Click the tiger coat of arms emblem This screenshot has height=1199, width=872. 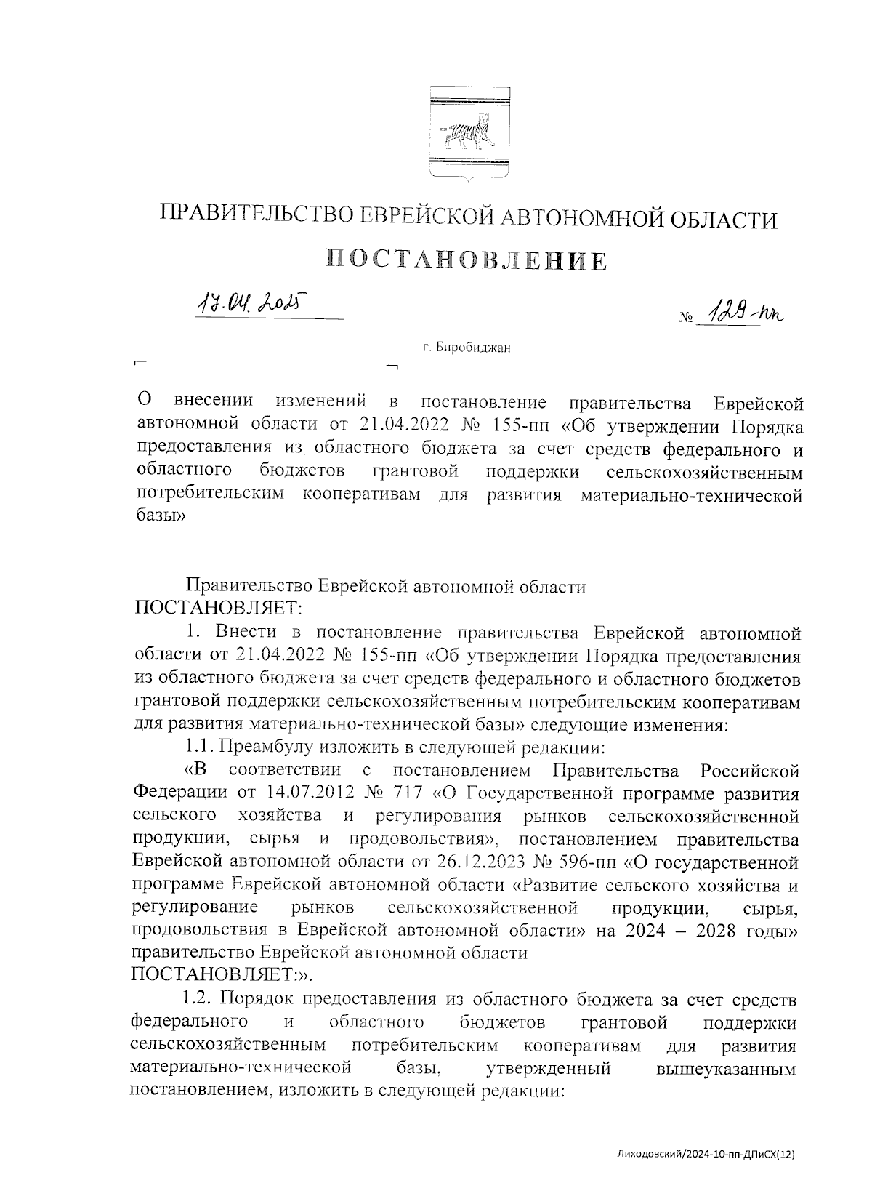[x=467, y=135]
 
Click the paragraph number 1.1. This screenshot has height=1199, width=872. [x=199, y=747]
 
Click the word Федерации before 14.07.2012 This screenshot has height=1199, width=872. [x=181, y=793]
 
